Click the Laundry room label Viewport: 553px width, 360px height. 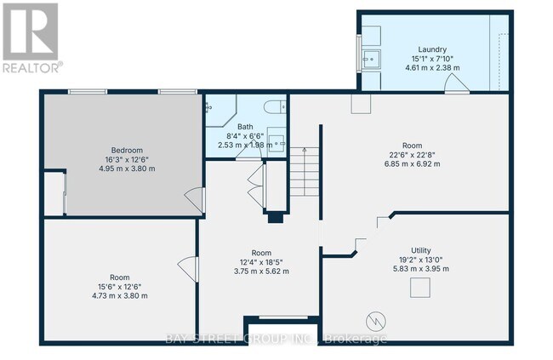pos(420,49)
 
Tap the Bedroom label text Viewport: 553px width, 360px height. pos(126,150)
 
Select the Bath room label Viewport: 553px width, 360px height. pos(245,127)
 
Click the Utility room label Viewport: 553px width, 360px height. pos(421,250)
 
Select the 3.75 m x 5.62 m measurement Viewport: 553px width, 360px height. pos(261,271)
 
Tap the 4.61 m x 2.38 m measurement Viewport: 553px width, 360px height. pos(420,67)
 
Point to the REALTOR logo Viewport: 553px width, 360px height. pos(30,37)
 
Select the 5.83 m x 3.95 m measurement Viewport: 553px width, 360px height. pos(421,269)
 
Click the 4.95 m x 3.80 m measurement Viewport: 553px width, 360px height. pos(126,169)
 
